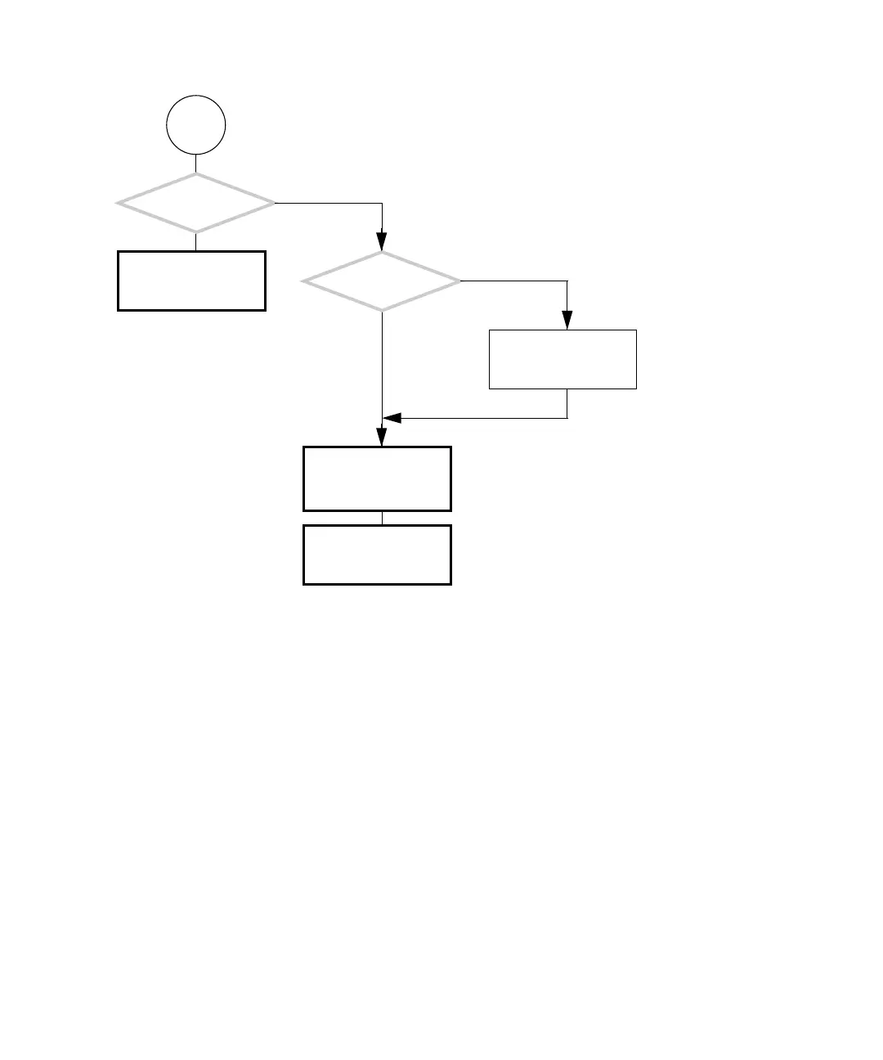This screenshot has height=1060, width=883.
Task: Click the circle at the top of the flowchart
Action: click(196, 125)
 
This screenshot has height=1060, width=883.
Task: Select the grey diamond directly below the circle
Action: click(196, 203)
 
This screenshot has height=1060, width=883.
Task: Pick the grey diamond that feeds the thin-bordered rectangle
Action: click(382, 281)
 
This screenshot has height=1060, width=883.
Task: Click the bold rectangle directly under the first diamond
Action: click(191, 281)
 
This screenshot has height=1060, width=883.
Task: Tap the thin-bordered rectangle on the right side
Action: click(563, 359)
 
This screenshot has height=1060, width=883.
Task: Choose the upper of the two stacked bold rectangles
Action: click(377, 478)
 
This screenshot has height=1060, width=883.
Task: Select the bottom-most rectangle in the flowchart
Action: click(377, 555)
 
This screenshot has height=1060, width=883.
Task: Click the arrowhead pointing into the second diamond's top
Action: click(382, 242)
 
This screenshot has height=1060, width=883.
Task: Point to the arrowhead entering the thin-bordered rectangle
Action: click(567, 321)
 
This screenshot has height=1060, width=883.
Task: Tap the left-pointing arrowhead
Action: click(392, 419)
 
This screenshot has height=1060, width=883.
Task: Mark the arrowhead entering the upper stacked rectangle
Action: click(382, 438)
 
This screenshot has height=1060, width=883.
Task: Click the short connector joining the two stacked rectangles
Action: click(382, 518)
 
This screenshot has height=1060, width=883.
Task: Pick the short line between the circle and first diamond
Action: click(196, 164)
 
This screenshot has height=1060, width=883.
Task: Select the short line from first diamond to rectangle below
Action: click(196, 242)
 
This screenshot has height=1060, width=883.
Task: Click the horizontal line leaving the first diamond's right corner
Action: click(327, 203)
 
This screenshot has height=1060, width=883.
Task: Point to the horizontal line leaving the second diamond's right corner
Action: click(513, 281)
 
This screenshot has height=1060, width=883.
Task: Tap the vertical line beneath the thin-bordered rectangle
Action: click(567, 404)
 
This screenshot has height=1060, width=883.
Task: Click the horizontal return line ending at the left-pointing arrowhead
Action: click(482, 419)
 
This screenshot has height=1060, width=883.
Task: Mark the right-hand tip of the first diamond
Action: click(274, 203)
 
